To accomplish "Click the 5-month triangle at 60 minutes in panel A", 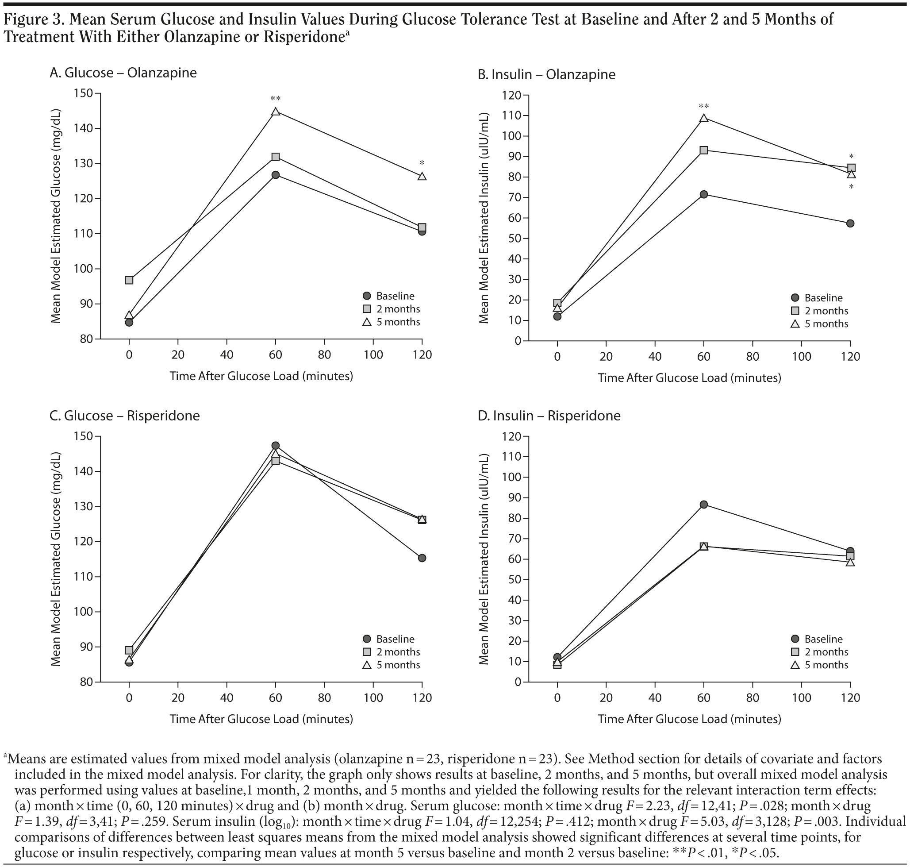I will tap(276, 112).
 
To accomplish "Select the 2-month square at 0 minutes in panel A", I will tap(129, 280).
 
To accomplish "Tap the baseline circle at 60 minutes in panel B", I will tap(703, 195).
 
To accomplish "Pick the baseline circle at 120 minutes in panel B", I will tap(850, 223).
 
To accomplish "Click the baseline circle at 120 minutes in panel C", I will tap(422, 558).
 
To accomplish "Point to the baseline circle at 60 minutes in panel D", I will tap(703, 504).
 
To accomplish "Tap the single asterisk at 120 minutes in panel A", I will tap(422, 163).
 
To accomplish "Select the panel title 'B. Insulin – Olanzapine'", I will tap(546, 74).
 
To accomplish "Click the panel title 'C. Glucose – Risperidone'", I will tap(125, 416).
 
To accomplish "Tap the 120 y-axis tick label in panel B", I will tap(512, 96).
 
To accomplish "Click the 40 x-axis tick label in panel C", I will tap(227, 698).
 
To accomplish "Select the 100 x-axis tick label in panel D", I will tap(802, 698).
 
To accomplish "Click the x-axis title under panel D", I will tap(689, 719).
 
